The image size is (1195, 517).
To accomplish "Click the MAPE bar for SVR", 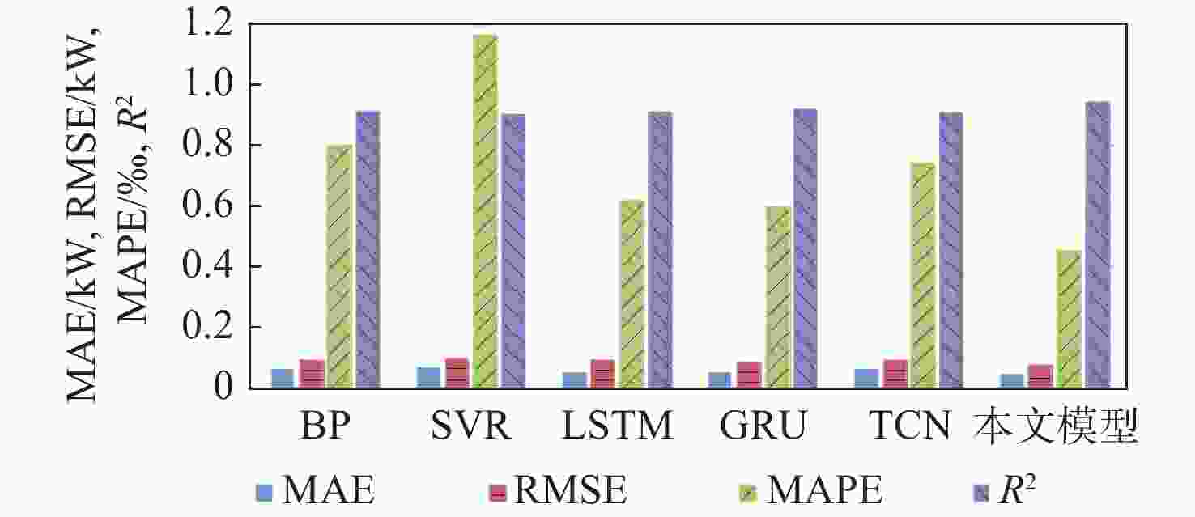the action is click(x=486, y=211).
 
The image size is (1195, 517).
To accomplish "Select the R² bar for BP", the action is click(x=368, y=249).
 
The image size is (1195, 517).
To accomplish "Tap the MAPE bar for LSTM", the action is click(x=632, y=294).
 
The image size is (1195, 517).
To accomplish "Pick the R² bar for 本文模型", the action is click(x=1098, y=244).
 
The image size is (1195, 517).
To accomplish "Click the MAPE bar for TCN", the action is click(x=922, y=276).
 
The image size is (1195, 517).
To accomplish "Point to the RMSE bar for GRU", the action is click(x=749, y=375).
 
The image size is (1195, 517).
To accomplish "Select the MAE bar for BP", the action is click(x=283, y=379).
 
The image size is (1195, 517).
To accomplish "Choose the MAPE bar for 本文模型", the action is click(x=1069, y=320).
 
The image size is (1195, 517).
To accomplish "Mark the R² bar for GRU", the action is click(x=806, y=248).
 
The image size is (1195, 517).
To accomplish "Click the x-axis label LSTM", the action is click(x=617, y=426).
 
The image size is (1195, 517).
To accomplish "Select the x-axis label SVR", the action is click(x=471, y=426).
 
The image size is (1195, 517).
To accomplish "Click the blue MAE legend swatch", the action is click(x=264, y=494).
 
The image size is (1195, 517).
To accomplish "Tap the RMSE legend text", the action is click(x=570, y=489).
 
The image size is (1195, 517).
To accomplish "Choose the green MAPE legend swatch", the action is click(x=748, y=494).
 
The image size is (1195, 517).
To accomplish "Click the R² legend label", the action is click(x=1017, y=489).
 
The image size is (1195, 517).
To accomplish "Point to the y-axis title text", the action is click(x=108, y=214).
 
